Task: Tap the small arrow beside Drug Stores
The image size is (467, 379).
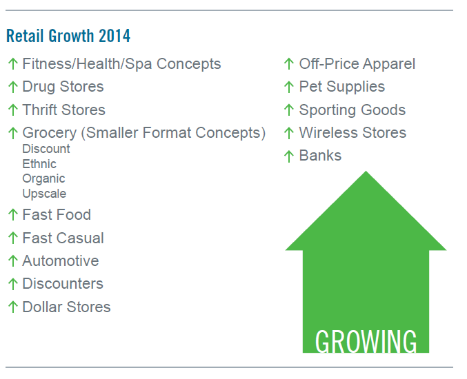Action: pyautogui.click(x=12, y=87)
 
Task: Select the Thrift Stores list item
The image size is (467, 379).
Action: pyautogui.click(x=63, y=110)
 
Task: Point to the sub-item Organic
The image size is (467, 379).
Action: pyautogui.click(x=43, y=178)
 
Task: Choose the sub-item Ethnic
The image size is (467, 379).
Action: pyautogui.click(x=39, y=164)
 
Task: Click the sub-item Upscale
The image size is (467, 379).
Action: pyautogui.click(x=44, y=194)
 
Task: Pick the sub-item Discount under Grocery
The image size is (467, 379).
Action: pyautogui.click(x=46, y=149)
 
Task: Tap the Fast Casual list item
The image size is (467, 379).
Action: pyautogui.click(x=63, y=238)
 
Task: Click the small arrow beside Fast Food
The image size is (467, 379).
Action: pyautogui.click(x=12, y=215)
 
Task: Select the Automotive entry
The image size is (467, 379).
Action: pyautogui.click(x=60, y=261)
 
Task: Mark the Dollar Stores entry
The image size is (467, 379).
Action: pyautogui.click(x=66, y=307)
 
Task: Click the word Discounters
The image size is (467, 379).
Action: pyautogui.click(x=63, y=284)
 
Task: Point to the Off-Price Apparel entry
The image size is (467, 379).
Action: pyautogui.click(x=357, y=64)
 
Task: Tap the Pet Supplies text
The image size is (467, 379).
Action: pyautogui.click(x=341, y=87)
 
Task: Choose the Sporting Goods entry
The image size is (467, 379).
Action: pyautogui.click(x=352, y=110)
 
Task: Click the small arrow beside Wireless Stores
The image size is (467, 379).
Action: pyautogui.click(x=289, y=133)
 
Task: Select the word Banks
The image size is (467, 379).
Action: pyautogui.click(x=320, y=156)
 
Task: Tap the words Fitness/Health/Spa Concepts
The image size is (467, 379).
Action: pyautogui.click(x=121, y=64)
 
